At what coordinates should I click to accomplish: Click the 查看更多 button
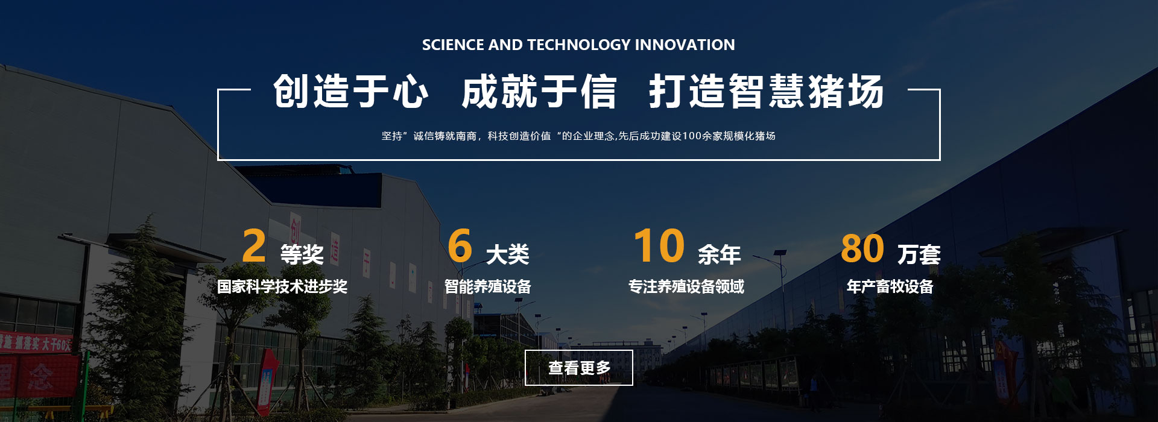(x=579, y=367)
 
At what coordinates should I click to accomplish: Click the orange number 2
(x=254, y=246)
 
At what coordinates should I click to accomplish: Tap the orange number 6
(x=460, y=246)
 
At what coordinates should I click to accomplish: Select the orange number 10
(x=659, y=246)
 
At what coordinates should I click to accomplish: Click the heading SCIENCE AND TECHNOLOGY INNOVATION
(x=578, y=45)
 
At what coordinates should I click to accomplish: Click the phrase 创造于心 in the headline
(x=351, y=92)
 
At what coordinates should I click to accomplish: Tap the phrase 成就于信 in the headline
(x=539, y=92)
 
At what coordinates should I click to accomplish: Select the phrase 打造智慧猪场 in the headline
(x=767, y=92)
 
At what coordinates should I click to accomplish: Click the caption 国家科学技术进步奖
(x=282, y=286)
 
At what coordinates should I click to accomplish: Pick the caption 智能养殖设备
(x=488, y=286)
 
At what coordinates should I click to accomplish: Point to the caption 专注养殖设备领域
(x=686, y=286)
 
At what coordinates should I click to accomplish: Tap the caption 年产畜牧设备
(x=890, y=286)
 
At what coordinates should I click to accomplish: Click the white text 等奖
(x=302, y=254)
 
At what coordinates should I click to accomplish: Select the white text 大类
(x=508, y=254)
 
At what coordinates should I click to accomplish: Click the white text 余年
(x=720, y=254)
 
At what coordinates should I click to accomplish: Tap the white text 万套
(x=919, y=254)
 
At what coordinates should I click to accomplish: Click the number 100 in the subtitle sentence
(x=692, y=136)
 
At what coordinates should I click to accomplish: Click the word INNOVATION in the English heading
(x=685, y=45)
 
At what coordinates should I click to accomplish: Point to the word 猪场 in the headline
(x=846, y=92)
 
